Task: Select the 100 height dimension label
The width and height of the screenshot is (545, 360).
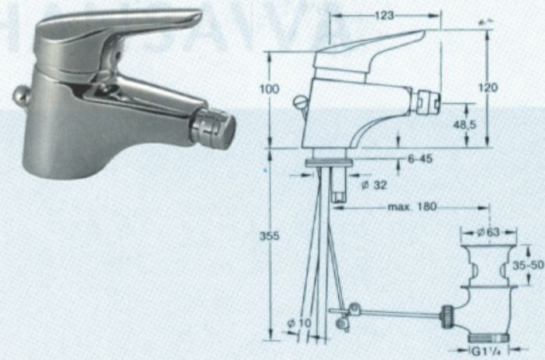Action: (269, 90)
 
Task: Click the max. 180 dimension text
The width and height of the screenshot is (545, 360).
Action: (412, 208)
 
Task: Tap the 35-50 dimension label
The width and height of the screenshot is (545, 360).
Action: (527, 265)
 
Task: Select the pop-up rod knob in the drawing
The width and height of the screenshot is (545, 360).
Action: (297, 101)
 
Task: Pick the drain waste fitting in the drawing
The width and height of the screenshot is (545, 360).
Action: (486, 281)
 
